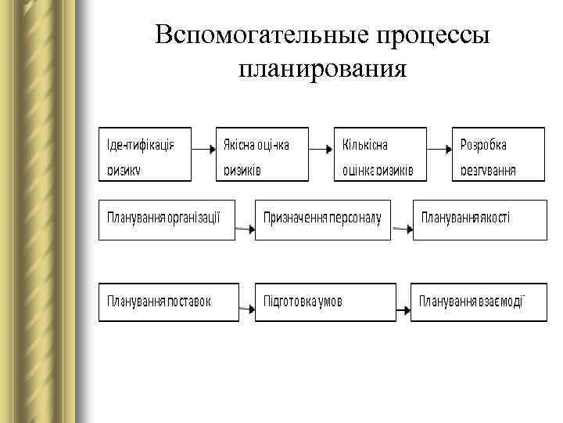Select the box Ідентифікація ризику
[145, 154]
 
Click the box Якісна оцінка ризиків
[262, 154]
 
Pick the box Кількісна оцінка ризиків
[380, 154]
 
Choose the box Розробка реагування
[499, 154]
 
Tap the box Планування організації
[167, 220]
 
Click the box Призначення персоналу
[323, 220]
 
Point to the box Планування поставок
[167, 302]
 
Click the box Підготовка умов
[323, 302]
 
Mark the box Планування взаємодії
[479, 302]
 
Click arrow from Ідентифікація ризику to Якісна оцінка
[203, 147]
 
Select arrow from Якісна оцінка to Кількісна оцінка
[321, 147]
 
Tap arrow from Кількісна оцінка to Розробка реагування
[439, 147]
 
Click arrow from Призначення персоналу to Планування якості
[402, 229]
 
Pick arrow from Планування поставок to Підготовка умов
[246, 310]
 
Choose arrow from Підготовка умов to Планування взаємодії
[401, 310]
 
